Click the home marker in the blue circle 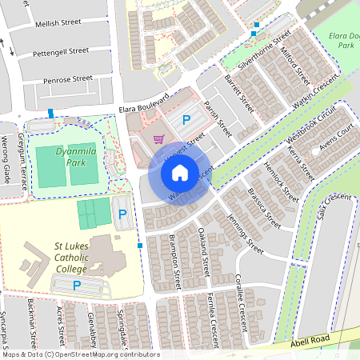pyautogui.click(x=180, y=173)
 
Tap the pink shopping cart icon pyautogui.click(x=159, y=138)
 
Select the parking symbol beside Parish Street pyautogui.click(x=186, y=120)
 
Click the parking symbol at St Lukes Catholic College pyautogui.click(x=78, y=285)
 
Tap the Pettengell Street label pyautogui.click(x=62, y=50)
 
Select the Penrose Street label pyautogui.click(x=68, y=79)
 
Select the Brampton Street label pyautogui.click(x=175, y=263)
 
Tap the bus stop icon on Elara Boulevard pyautogui.click(x=51, y=113)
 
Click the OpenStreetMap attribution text pyautogui.click(x=80, y=354)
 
